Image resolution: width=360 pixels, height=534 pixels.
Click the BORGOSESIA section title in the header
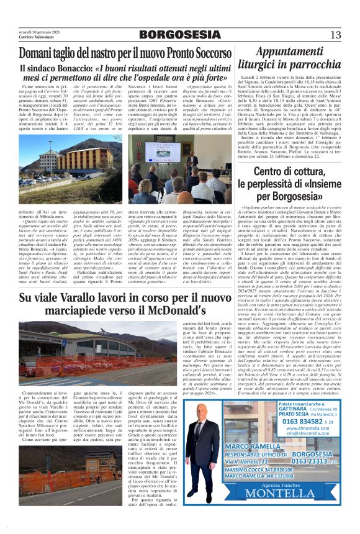tap(180, 34)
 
